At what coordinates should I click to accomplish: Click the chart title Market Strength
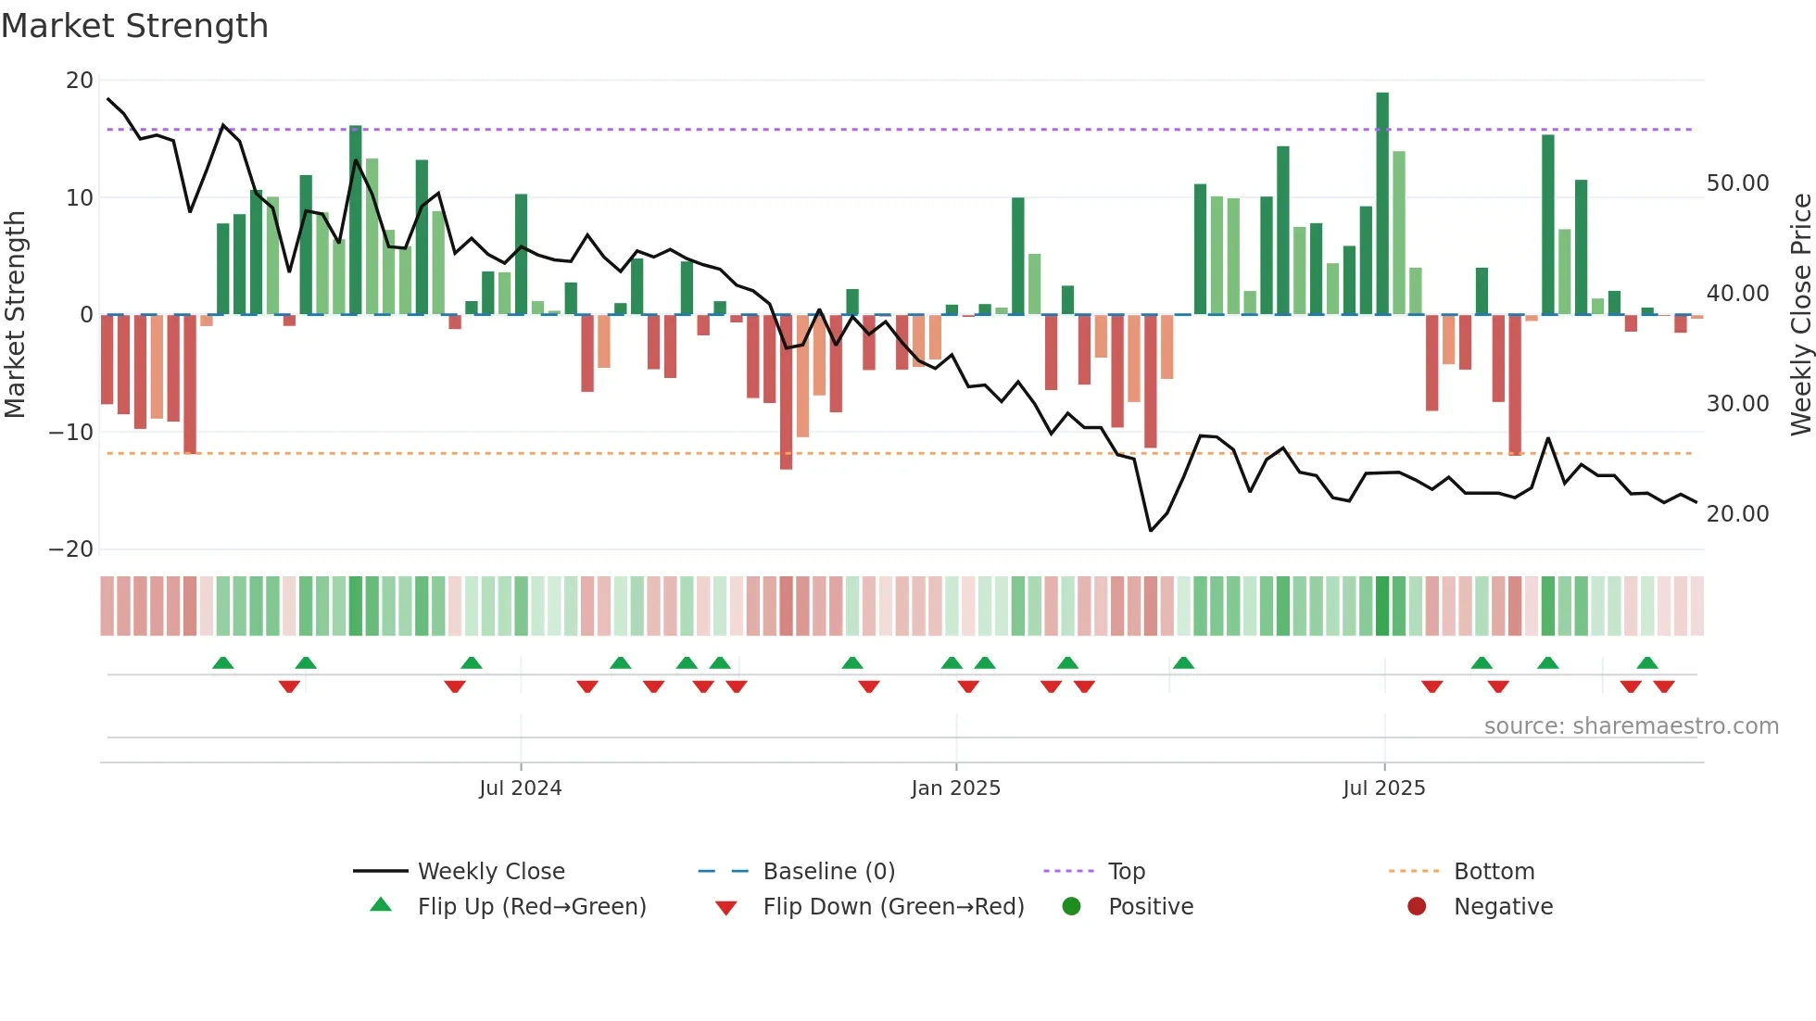click(x=134, y=26)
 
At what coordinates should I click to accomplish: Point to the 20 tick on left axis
click(x=80, y=81)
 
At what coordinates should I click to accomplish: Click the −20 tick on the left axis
click(x=71, y=549)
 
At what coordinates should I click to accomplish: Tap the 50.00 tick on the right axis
click(x=1737, y=183)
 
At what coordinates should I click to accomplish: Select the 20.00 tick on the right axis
click(x=1737, y=514)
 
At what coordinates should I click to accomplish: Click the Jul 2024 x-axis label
click(x=520, y=788)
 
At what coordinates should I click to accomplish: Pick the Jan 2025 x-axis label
click(x=955, y=788)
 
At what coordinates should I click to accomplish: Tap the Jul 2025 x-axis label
click(x=1383, y=788)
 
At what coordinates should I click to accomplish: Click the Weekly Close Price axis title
click(x=1800, y=315)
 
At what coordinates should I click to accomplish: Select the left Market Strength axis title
click(x=15, y=315)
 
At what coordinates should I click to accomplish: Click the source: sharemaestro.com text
click(x=1631, y=726)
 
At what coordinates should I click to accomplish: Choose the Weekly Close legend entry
click(x=491, y=872)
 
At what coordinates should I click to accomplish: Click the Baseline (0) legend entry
click(x=828, y=872)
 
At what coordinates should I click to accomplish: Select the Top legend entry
click(x=1126, y=872)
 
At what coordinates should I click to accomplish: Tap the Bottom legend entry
click(x=1494, y=872)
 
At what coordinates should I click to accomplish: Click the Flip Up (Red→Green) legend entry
click(x=531, y=907)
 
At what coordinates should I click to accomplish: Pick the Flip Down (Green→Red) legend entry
click(x=893, y=907)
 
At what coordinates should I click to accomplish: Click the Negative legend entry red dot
click(x=1417, y=907)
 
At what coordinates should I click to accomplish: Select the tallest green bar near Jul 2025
click(x=1382, y=204)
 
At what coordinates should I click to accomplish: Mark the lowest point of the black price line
click(x=1151, y=531)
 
